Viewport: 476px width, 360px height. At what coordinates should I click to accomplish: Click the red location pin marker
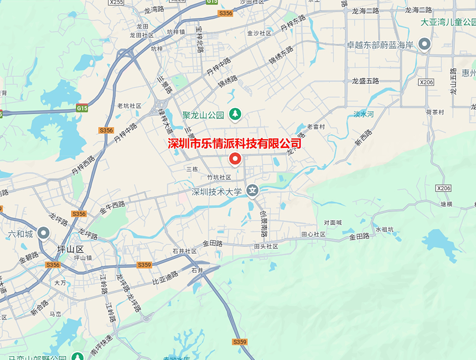coord(235,160)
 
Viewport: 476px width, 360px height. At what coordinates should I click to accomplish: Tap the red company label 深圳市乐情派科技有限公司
coord(235,143)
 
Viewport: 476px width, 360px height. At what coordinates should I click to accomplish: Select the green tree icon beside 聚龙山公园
coord(235,114)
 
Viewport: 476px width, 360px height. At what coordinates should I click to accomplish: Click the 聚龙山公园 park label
coord(203,115)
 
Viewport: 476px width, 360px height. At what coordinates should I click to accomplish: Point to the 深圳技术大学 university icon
coord(252,191)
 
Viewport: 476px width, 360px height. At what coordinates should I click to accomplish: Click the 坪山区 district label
coord(70,249)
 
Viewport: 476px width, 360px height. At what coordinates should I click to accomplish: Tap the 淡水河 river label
coord(364,114)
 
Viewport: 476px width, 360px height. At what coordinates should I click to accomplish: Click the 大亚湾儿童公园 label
coord(448,22)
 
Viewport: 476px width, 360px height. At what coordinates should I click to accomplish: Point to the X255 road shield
coord(116,2)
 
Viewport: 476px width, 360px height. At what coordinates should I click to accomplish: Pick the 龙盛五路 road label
coord(365,81)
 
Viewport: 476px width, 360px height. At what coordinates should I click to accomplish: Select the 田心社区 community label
coord(313,234)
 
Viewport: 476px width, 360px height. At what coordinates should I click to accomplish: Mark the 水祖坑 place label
coord(384,229)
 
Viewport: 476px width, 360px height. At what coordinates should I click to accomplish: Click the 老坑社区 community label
coord(129,106)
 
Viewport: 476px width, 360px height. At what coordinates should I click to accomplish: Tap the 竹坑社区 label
coord(219,177)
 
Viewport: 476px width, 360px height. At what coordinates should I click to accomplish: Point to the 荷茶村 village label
coord(435,111)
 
